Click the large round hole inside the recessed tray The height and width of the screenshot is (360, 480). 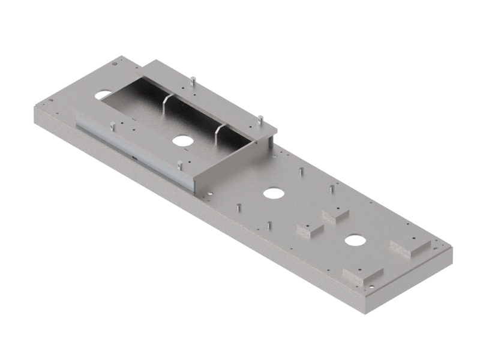point(181,140)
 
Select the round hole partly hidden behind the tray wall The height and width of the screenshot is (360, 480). point(103,95)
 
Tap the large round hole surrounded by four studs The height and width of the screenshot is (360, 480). point(274,193)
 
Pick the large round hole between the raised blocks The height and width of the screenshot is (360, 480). point(355,241)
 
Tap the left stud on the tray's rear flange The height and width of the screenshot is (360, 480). point(192,81)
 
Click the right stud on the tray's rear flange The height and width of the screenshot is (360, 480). point(260,119)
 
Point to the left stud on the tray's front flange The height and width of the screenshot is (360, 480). point(112,126)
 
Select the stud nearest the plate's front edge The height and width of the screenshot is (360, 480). point(269,226)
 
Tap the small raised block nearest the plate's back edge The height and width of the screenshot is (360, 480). point(335,215)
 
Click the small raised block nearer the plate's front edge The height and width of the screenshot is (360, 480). point(310,229)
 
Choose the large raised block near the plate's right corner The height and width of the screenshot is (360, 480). point(410,248)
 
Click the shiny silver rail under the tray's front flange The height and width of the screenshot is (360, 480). point(132,150)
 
